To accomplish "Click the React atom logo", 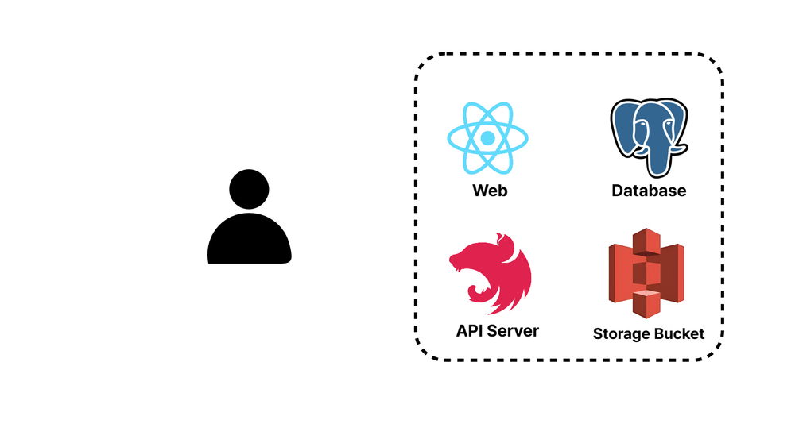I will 488,138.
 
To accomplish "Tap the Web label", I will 490,191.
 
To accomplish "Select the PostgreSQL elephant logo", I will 648,137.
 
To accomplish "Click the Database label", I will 649,191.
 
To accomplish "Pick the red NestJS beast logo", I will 491,274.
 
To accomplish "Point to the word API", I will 471,331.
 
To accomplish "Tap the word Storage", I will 621,334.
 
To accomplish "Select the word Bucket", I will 678,334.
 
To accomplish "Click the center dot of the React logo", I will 488,138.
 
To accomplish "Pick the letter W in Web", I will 480,191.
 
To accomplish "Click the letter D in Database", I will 618,191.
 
